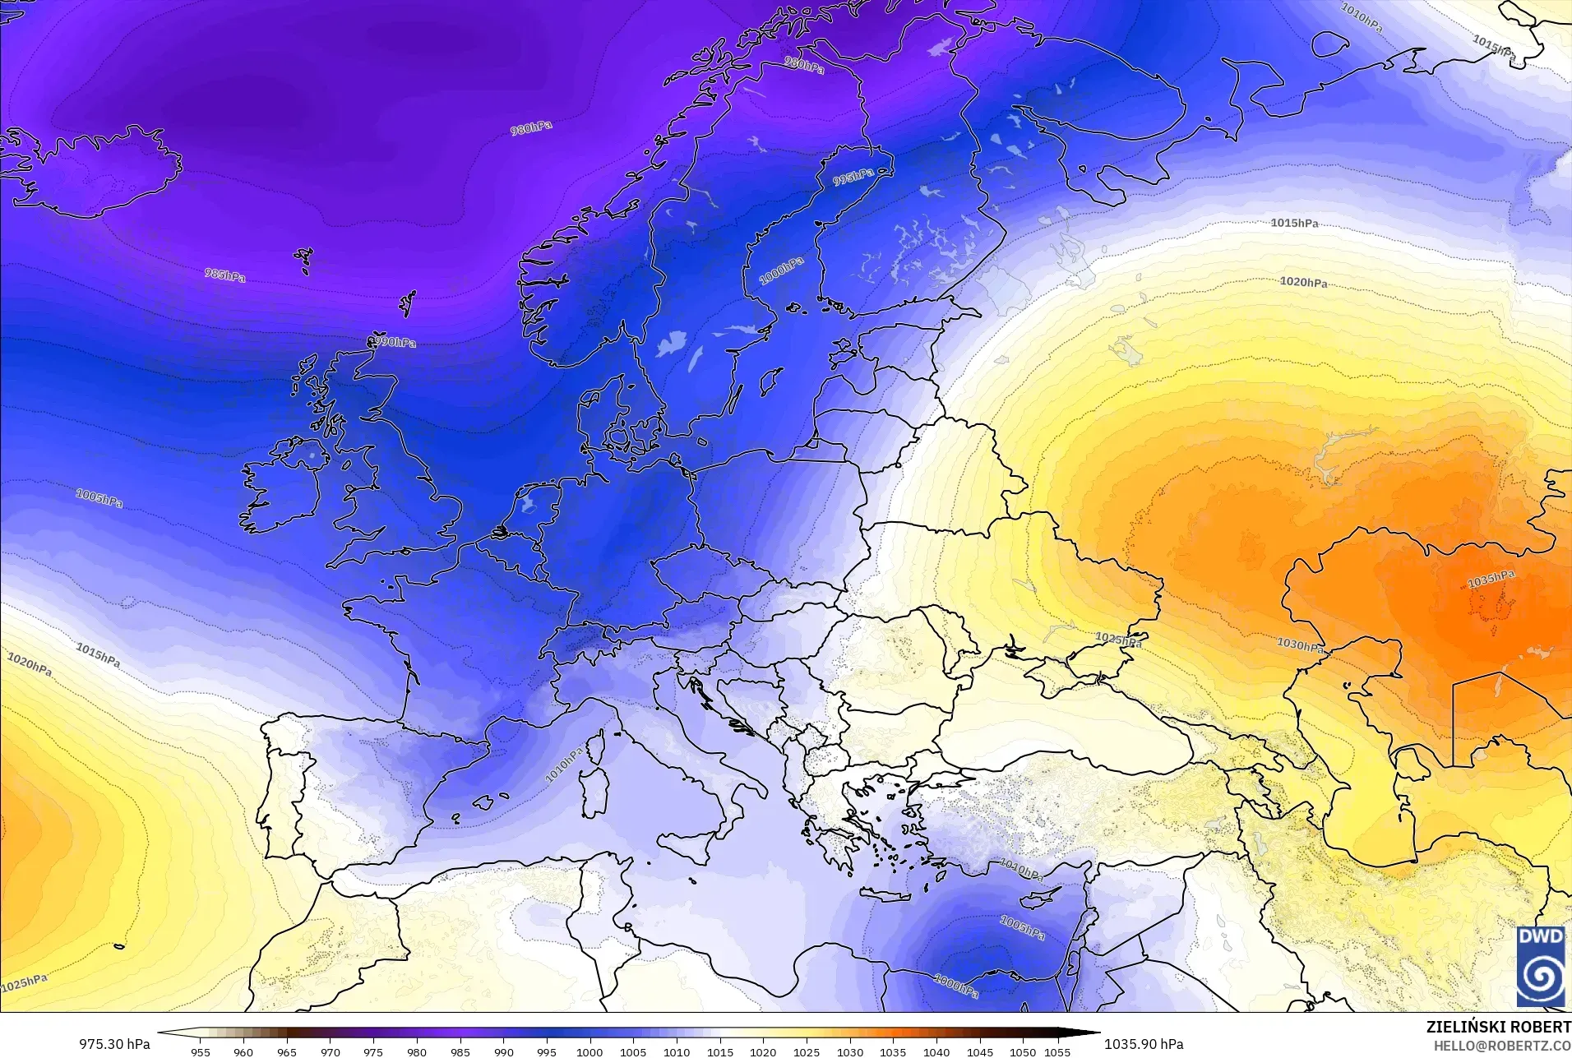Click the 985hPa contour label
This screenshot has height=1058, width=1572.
pyautogui.click(x=225, y=275)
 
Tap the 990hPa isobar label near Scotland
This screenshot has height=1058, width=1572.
pyautogui.click(x=392, y=341)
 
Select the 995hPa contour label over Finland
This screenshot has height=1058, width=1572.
pyautogui.click(x=853, y=177)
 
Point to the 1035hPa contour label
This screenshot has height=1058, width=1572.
pyautogui.click(x=1491, y=579)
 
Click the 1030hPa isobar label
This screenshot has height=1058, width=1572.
pyautogui.click(x=1300, y=645)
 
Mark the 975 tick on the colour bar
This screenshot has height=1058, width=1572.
pyautogui.click(x=373, y=1051)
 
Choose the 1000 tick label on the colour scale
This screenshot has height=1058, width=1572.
pyautogui.click(x=589, y=1051)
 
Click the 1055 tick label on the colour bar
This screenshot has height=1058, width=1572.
pyautogui.click(x=1058, y=1051)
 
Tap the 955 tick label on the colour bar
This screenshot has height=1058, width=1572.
pyautogui.click(x=200, y=1051)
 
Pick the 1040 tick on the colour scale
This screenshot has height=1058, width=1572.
pyautogui.click(x=936, y=1051)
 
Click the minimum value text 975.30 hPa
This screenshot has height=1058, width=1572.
pyautogui.click(x=114, y=1044)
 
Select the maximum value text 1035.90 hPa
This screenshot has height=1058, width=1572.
pyautogui.click(x=1144, y=1044)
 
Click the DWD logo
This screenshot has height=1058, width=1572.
pyautogui.click(x=1541, y=966)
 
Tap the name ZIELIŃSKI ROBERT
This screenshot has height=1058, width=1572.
pyautogui.click(x=1498, y=1028)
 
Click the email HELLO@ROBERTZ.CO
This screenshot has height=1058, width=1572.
pyautogui.click(x=1502, y=1046)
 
